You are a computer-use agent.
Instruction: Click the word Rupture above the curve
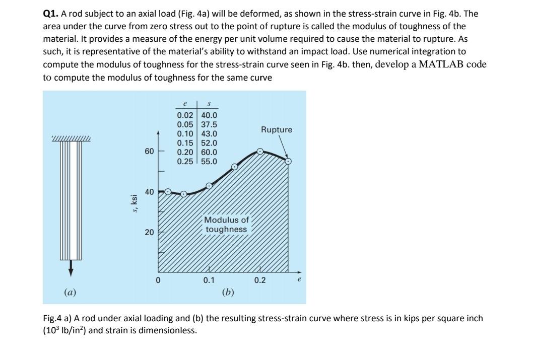tap(276, 130)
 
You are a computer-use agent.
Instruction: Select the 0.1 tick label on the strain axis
tap(209, 280)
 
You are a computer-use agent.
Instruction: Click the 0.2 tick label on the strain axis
tap(260, 280)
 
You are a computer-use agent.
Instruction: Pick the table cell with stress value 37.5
tap(209, 124)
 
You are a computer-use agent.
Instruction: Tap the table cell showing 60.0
tap(209, 152)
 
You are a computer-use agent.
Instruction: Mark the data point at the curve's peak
tap(260, 151)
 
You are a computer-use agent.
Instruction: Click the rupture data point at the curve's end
tap(288, 162)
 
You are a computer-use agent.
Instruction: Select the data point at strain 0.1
tap(209, 185)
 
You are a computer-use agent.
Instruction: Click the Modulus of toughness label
tap(226, 225)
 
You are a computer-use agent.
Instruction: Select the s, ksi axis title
tap(134, 203)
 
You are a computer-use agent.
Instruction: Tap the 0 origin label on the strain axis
tap(158, 280)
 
